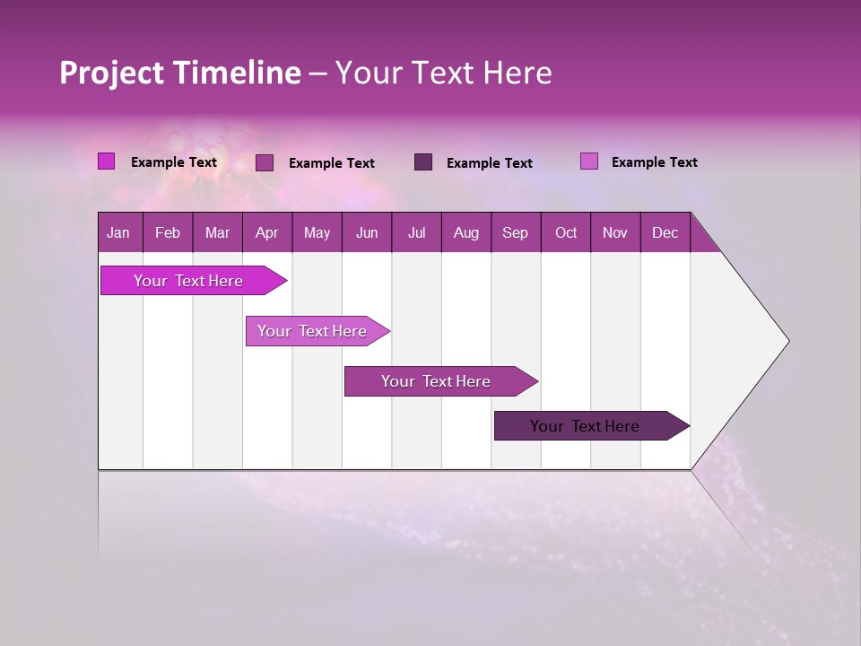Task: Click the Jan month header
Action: (x=118, y=233)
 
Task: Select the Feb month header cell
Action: (x=168, y=233)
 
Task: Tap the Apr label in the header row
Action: (x=266, y=233)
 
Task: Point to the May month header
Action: (x=317, y=233)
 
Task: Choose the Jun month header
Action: (x=367, y=233)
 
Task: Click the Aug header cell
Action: (x=465, y=233)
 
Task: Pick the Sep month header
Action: (x=515, y=233)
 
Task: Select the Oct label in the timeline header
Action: (x=566, y=233)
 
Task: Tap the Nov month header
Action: (x=615, y=233)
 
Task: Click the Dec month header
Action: (x=665, y=233)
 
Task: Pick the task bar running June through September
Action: (x=437, y=381)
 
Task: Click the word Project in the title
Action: (x=112, y=73)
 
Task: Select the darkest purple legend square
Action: (x=423, y=161)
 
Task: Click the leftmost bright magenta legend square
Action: (x=106, y=161)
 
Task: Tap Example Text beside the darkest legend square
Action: (x=489, y=163)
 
